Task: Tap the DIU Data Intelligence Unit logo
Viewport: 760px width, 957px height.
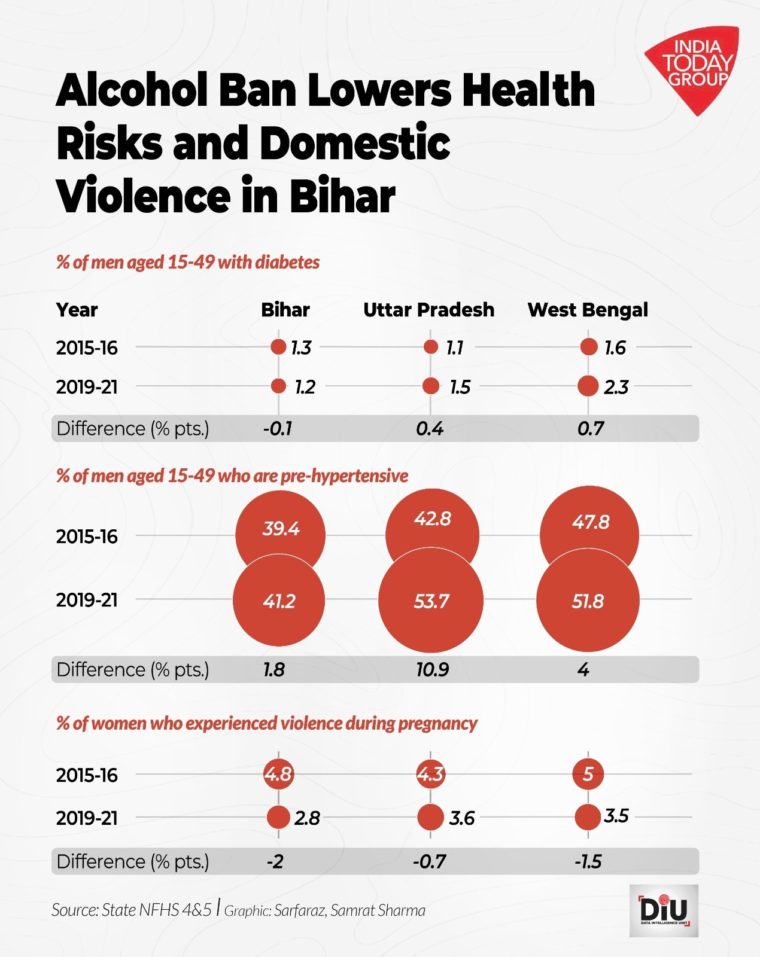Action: [664, 910]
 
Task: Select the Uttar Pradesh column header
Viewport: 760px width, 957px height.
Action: [428, 310]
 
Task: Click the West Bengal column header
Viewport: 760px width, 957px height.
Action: [588, 310]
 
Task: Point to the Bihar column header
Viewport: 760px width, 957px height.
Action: [285, 310]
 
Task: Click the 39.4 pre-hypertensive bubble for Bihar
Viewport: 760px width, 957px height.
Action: [280, 529]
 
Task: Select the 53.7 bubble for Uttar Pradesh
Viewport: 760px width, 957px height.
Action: [431, 601]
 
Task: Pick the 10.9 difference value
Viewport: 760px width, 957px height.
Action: [432, 669]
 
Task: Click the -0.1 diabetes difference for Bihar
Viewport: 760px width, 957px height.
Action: [278, 428]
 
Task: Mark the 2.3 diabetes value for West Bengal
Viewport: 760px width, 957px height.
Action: [616, 387]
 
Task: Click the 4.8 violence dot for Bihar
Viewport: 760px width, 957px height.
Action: [278, 774]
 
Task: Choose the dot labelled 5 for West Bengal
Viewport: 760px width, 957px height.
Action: [588, 774]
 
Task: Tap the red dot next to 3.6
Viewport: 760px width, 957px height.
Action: [430, 817]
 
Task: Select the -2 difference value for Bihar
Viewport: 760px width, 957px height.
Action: [275, 861]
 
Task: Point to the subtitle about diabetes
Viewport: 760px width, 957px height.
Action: [188, 262]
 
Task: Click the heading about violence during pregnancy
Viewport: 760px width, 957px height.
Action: [267, 723]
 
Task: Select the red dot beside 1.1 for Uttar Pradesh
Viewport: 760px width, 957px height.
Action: [431, 347]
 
